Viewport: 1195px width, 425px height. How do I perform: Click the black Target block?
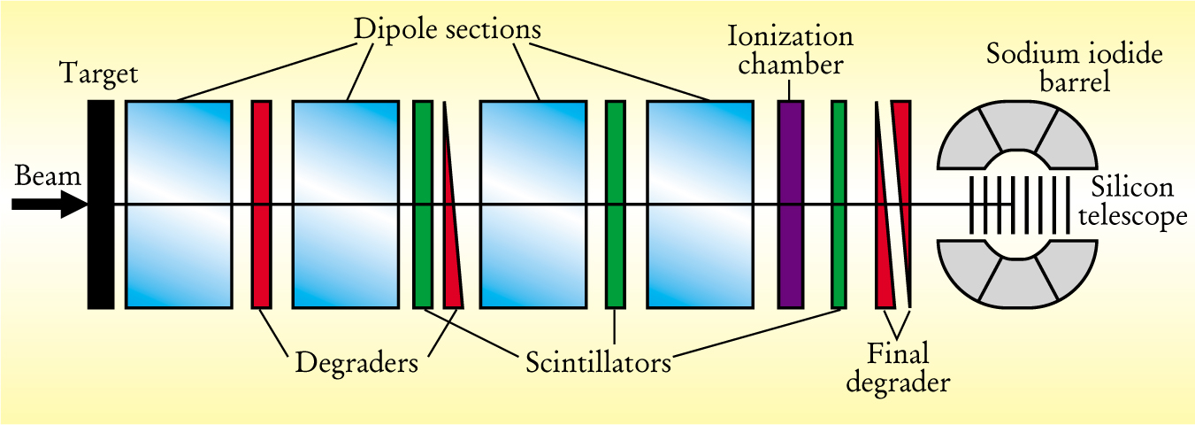101,204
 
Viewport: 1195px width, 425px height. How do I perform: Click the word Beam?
48,176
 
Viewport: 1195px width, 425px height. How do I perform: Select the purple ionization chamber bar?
790,204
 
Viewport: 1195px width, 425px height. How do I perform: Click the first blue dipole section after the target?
179,204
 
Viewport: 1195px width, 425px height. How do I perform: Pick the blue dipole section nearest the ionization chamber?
700,204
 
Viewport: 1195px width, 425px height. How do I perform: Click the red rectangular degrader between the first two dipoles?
262,204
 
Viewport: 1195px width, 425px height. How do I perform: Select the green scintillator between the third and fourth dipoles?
615,204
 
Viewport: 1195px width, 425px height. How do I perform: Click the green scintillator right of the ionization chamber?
839,204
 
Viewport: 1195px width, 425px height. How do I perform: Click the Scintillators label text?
597,362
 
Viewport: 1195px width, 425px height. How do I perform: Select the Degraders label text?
356,362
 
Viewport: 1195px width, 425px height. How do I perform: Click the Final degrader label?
898,368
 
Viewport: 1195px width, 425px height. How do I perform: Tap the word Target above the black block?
99,73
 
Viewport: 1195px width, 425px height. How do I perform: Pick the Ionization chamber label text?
790,51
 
